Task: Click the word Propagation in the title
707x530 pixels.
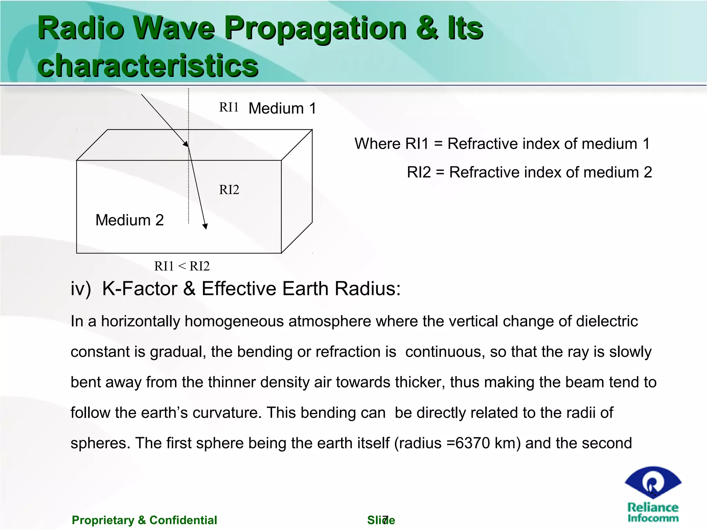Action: (x=315, y=29)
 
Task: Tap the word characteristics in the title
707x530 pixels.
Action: (x=148, y=66)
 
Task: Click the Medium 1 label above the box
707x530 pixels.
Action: (x=282, y=108)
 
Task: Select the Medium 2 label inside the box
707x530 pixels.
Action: (x=129, y=220)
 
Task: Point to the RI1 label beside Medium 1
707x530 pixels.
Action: (x=229, y=107)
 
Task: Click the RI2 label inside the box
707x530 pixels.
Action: (x=229, y=190)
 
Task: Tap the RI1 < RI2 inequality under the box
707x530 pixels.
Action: (x=182, y=266)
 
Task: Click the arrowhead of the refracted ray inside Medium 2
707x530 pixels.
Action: (x=205, y=226)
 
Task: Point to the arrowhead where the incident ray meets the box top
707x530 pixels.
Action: (x=186, y=144)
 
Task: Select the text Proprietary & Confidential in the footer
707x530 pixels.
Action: (x=144, y=520)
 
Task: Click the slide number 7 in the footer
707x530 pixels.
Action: (x=386, y=519)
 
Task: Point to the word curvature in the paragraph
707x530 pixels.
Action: (x=226, y=413)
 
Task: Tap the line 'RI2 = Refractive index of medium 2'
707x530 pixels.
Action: (x=529, y=172)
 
